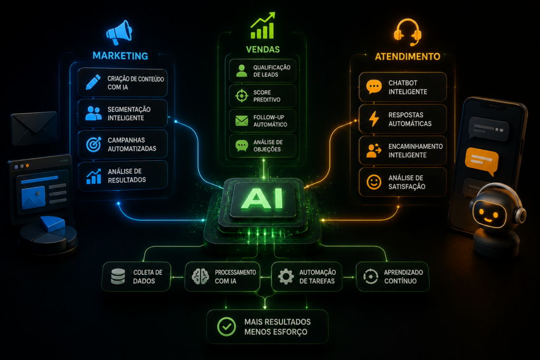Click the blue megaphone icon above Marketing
tap(119, 32)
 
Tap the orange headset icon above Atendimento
tap(408, 32)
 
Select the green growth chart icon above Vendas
tap(263, 26)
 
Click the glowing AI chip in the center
tap(263, 199)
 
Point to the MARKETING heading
tap(120, 56)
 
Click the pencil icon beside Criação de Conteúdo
tap(93, 82)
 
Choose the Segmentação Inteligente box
tap(122, 113)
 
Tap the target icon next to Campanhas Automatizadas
tap(94, 144)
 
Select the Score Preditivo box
tap(263, 96)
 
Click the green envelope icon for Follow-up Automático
tap(242, 121)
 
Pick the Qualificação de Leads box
tap(263, 71)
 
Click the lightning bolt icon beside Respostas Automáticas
tap(374, 119)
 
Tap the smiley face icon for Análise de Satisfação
tap(374, 182)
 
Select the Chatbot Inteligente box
tap(402, 87)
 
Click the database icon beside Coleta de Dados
tap(118, 277)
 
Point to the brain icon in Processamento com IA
tap(200, 276)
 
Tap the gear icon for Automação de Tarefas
tap(286, 276)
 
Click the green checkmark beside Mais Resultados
tap(227, 327)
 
